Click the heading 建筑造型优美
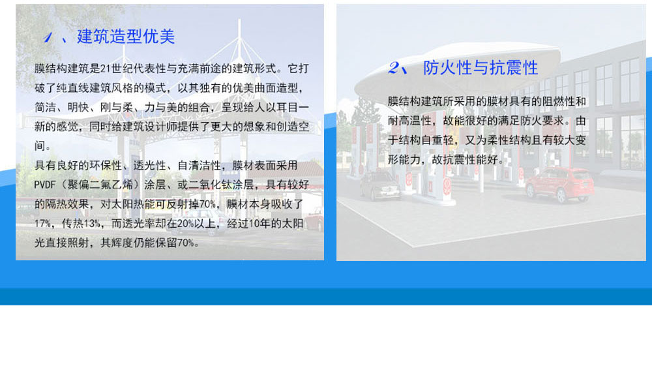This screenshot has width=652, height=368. coord(126,37)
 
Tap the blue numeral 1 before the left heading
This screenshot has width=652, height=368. coord(48,37)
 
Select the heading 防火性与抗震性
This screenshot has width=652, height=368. coord(481,68)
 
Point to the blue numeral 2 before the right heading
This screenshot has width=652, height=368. coord(394,67)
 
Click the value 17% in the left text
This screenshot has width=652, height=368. coord(42,224)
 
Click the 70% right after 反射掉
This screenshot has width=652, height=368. coord(207,204)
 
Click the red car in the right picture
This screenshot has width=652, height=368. coord(559,185)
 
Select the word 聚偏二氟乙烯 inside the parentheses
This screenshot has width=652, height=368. coord(100,185)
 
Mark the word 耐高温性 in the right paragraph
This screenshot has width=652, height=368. coord(409,121)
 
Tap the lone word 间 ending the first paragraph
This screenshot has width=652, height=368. coord(40,146)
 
